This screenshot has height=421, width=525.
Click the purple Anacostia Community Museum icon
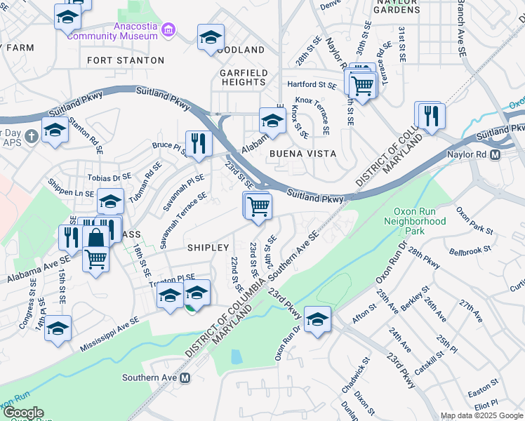coord(168,31)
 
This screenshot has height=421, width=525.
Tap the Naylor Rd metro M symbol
coord(496,154)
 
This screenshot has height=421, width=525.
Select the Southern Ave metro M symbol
coord(185,377)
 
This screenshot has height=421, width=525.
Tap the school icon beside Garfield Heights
coord(272,120)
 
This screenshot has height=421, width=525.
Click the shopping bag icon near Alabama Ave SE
coord(95,237)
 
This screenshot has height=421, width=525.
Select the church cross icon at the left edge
coord(31,134)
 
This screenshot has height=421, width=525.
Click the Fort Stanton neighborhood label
coord(125,61)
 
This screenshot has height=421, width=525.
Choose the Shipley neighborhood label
coord(208,248)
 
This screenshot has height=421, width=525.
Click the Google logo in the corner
coord(22,413)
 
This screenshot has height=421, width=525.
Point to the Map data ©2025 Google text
coord(481,415)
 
